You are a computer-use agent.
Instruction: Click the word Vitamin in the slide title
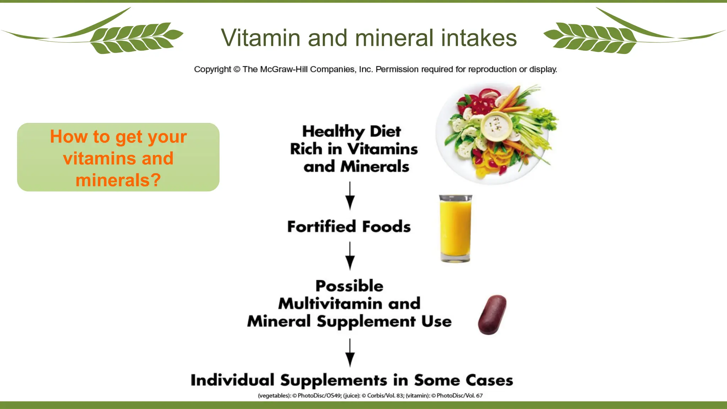(x=260, y=38)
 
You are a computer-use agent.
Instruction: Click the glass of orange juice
(x=455, y=228)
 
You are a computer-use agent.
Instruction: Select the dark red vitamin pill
(x=492, y=315)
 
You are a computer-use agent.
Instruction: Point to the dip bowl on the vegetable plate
(x=497, y=126)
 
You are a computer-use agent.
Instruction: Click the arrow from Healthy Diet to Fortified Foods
(x=350, y=196)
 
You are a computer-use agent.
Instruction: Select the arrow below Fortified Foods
(x=350, y=256)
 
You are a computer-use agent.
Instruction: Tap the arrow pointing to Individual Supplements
(x=350, y=353)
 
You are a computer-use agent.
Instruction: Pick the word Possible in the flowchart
(x=349, y=286)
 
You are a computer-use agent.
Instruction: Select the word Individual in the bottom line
(x=233, y=380)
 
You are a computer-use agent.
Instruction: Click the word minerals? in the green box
(x=118, y=180)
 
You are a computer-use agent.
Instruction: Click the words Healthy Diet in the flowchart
(x=351, y=131)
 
